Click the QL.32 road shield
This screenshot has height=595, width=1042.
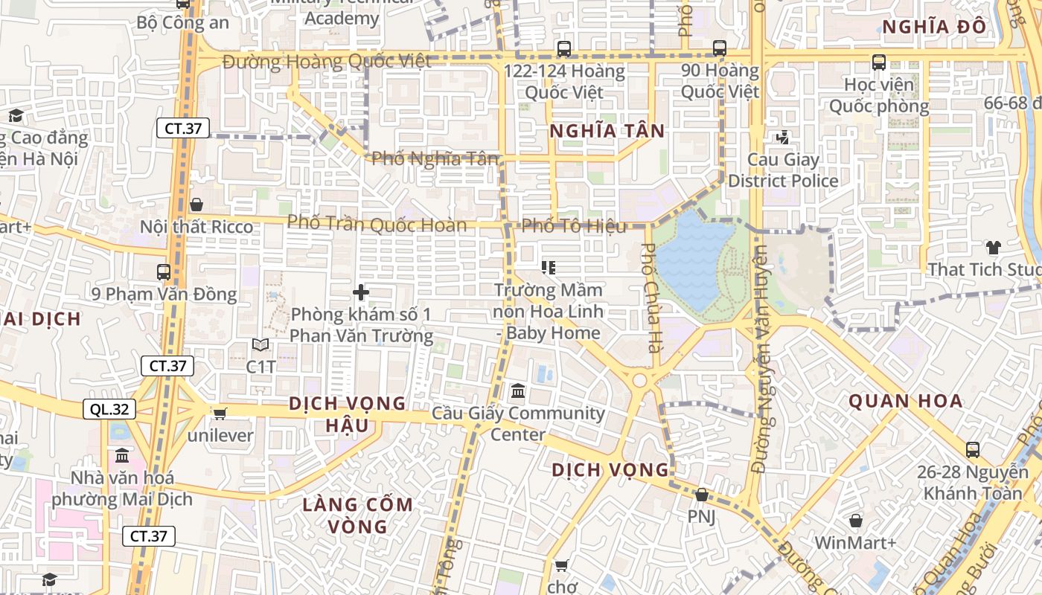[109, 408]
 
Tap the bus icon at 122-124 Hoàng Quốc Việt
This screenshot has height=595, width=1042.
[564, 49]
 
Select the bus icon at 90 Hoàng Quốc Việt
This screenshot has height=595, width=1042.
[719, 48]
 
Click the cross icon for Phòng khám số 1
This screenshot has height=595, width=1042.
[361, 292]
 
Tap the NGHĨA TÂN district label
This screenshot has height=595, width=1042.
[607, 132]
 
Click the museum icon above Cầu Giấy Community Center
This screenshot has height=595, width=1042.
[518, 390]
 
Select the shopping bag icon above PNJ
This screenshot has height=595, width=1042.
[701, 495]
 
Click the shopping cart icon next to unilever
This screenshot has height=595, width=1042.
[220, 413]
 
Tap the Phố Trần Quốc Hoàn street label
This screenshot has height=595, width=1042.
[377, 223]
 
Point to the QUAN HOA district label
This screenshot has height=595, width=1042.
[906, 402]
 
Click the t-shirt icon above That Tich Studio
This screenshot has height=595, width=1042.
[993, 247]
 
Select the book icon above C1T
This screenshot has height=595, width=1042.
[260, 344]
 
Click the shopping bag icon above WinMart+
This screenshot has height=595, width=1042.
[855, 521]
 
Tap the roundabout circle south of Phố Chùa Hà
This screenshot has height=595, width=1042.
[639, 381]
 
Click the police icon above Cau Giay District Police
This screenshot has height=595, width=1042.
[782, 138]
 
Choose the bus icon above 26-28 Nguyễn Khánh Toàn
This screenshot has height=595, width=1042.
[972, 449]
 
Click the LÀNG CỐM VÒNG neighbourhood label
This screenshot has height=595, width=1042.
[357, 515]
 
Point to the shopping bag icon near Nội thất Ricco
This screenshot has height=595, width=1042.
[196, 204]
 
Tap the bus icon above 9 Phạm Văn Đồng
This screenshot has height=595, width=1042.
[163, 272]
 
